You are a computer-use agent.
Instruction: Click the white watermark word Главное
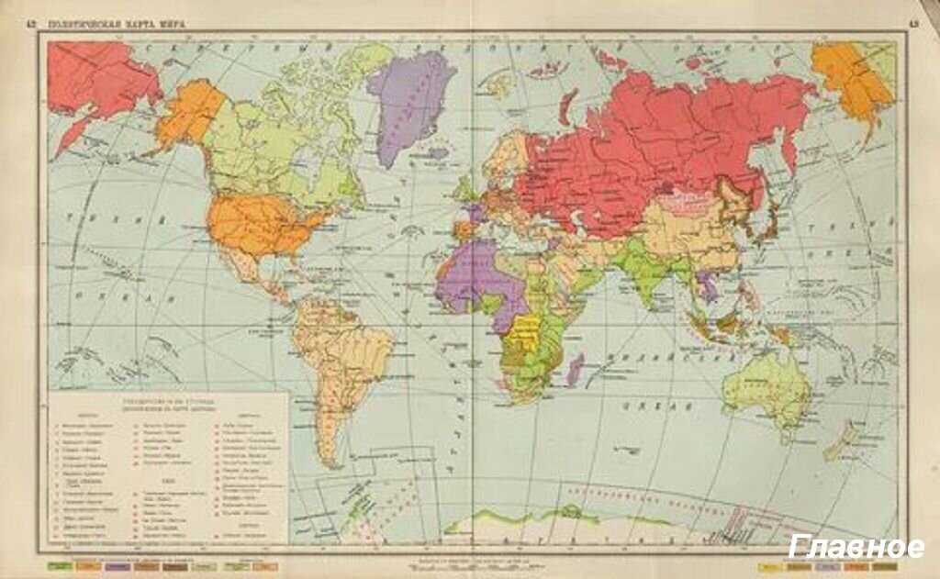coord(856,547)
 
